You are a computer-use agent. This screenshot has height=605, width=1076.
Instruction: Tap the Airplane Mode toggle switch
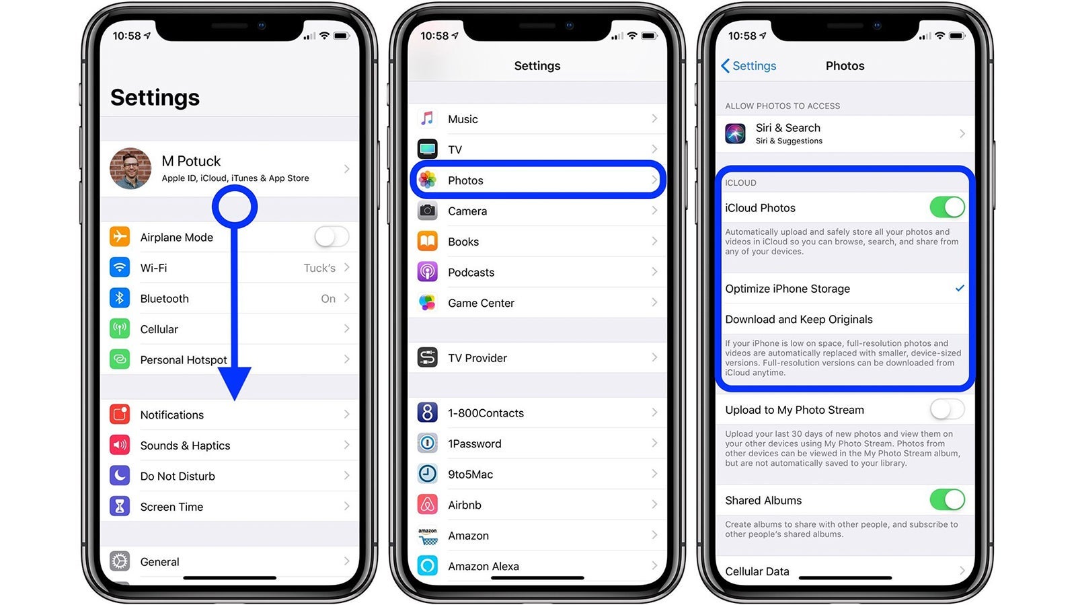pyautogui.click(x=332, y=237)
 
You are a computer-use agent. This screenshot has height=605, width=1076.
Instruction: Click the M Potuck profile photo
pyautogui.click(x=130, y=168)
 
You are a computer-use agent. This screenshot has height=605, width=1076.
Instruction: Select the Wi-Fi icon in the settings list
pyautogui.click(x=120, y=268)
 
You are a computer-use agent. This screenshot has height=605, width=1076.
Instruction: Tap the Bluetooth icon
pyautogui.click(x=120, y=298)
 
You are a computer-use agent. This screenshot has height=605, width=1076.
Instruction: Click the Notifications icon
pyautogui.click(x=120, y=415)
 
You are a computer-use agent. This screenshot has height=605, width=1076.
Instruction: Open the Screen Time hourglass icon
pyautogui.click(x=120, y=507)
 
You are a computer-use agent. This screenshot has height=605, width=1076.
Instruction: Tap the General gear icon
pyautogui.click(x=120, y=561)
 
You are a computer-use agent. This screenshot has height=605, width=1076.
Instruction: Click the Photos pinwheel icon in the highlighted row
pyautogui.click(x=427, y=180)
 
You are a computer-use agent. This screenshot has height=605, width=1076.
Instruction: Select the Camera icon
pyautogui.click(x=427, y=211)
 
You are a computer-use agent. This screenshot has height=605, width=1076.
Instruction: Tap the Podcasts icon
pyautogui.click(x=427, y=272)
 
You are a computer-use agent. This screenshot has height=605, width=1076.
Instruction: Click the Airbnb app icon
pyautogui.click(x=427, y=505)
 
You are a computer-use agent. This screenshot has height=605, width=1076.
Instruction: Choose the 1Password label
pyautogui.click(x=475, y=443)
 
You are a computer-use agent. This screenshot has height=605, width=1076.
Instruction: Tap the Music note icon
pyautogui.click(x=427, y=118)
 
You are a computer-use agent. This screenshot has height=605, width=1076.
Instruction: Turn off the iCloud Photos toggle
pyautogui.click(x=948, y=207)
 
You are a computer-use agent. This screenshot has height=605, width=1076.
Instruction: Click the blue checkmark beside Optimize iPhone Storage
pyautogui.click(x=960, y=288)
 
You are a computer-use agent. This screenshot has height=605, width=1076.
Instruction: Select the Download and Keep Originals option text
pyautogui.click(x=799, y=319)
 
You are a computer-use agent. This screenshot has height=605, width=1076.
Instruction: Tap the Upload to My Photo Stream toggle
pyautogui.click(x=948, y=410)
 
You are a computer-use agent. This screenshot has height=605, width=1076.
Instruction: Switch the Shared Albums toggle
pyautogui.click(x=948, y=500)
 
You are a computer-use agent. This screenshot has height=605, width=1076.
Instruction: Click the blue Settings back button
pyautogui.click(x=748, y=66)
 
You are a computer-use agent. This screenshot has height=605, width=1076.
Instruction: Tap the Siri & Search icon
pyautogui.click(x=736, y=134)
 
